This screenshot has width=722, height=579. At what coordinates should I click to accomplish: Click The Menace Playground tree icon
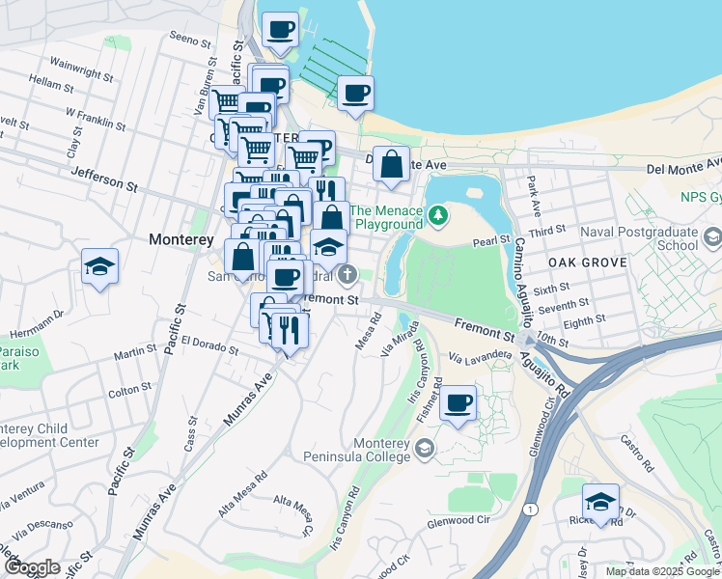tap(438, 213)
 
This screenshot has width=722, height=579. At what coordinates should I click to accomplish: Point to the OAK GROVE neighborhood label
tap(588, 262)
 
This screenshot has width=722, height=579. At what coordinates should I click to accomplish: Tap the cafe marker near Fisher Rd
tap(458, 401)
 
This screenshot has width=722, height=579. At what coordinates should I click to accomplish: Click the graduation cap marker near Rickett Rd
tap(599, 502)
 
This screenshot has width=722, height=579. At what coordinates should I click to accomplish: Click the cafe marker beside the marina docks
tap(356, 94)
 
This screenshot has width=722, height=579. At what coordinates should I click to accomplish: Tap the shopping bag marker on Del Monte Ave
tap(391, 164)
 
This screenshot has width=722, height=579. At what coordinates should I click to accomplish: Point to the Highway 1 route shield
tap(530, 508)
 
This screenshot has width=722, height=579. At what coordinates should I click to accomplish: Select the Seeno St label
tap(189, 41)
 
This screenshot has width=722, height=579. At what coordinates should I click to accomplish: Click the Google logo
tap(33, 567)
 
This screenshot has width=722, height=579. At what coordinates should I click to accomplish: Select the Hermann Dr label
tap(37, 313)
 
